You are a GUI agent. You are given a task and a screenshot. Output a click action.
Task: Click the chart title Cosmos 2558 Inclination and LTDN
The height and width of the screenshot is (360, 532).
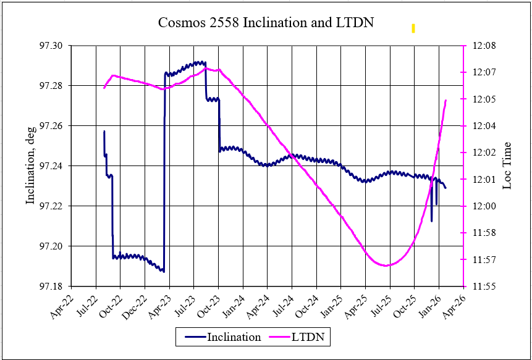(x=266, y=23)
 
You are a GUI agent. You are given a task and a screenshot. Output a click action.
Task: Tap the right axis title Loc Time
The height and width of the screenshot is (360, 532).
(x=507, y=165)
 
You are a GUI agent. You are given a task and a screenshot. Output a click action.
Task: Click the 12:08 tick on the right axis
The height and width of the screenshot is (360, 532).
(x=481, y=46)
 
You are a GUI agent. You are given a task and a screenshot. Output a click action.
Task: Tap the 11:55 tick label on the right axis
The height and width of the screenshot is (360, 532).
(x=481, y=287)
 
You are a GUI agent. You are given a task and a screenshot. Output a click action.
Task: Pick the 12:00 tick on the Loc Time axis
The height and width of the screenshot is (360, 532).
(x=481, y=206)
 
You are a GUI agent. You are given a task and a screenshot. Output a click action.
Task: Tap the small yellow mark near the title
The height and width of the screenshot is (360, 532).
(x=413, y=28)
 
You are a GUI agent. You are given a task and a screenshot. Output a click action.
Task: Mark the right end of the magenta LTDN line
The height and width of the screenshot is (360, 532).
(x=446, y=100)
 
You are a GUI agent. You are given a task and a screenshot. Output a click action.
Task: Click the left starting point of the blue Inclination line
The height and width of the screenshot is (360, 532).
(x=104, y=132)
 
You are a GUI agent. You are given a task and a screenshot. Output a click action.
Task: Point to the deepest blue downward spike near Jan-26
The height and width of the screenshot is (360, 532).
(x=432, y=220)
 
